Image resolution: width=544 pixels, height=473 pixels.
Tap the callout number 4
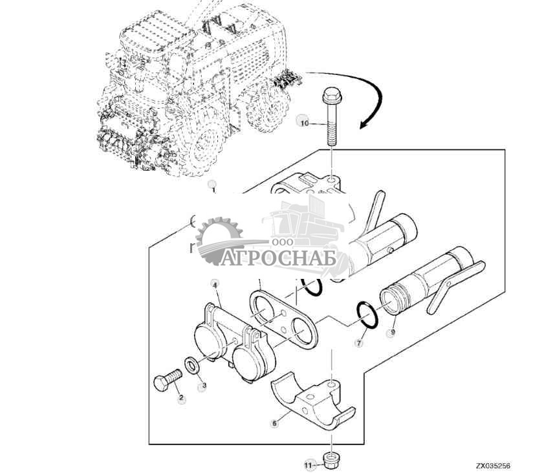pyautogui.click(x=215, y=283)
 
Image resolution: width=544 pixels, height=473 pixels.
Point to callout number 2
pyautogui.click(x=181, y=398)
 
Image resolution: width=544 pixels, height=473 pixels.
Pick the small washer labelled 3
pyautogui.click(x=192, y=366)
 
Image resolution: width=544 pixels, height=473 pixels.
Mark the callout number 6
pyautogui.click(x=274, y=423)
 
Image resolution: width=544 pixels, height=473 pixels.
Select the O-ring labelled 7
pyautogui.click(x=366, y=313)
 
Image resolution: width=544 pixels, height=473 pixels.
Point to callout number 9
pyautogui.click(x=391, y=334)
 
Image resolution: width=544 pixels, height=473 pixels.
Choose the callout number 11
pyautogui.click(x=309, y=464)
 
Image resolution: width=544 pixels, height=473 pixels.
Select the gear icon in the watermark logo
pyautogui.click(x=218, y=241)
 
